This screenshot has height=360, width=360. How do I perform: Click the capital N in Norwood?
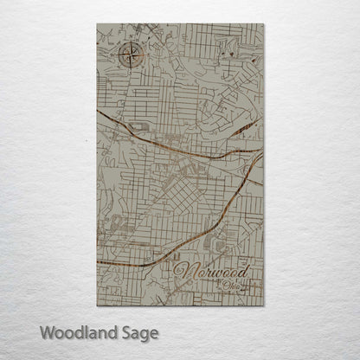tap(182, 273)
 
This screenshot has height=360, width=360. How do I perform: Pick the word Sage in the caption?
tap(136, 332)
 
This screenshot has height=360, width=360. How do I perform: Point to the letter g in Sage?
tap(142, 334)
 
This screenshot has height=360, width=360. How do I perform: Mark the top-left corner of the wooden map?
tap(97, 24)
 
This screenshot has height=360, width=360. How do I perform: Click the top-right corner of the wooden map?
tap(264, 24)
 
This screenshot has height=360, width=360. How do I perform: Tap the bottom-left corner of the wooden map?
tap(97, 306)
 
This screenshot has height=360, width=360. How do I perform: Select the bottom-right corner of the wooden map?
tap(264, 306)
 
